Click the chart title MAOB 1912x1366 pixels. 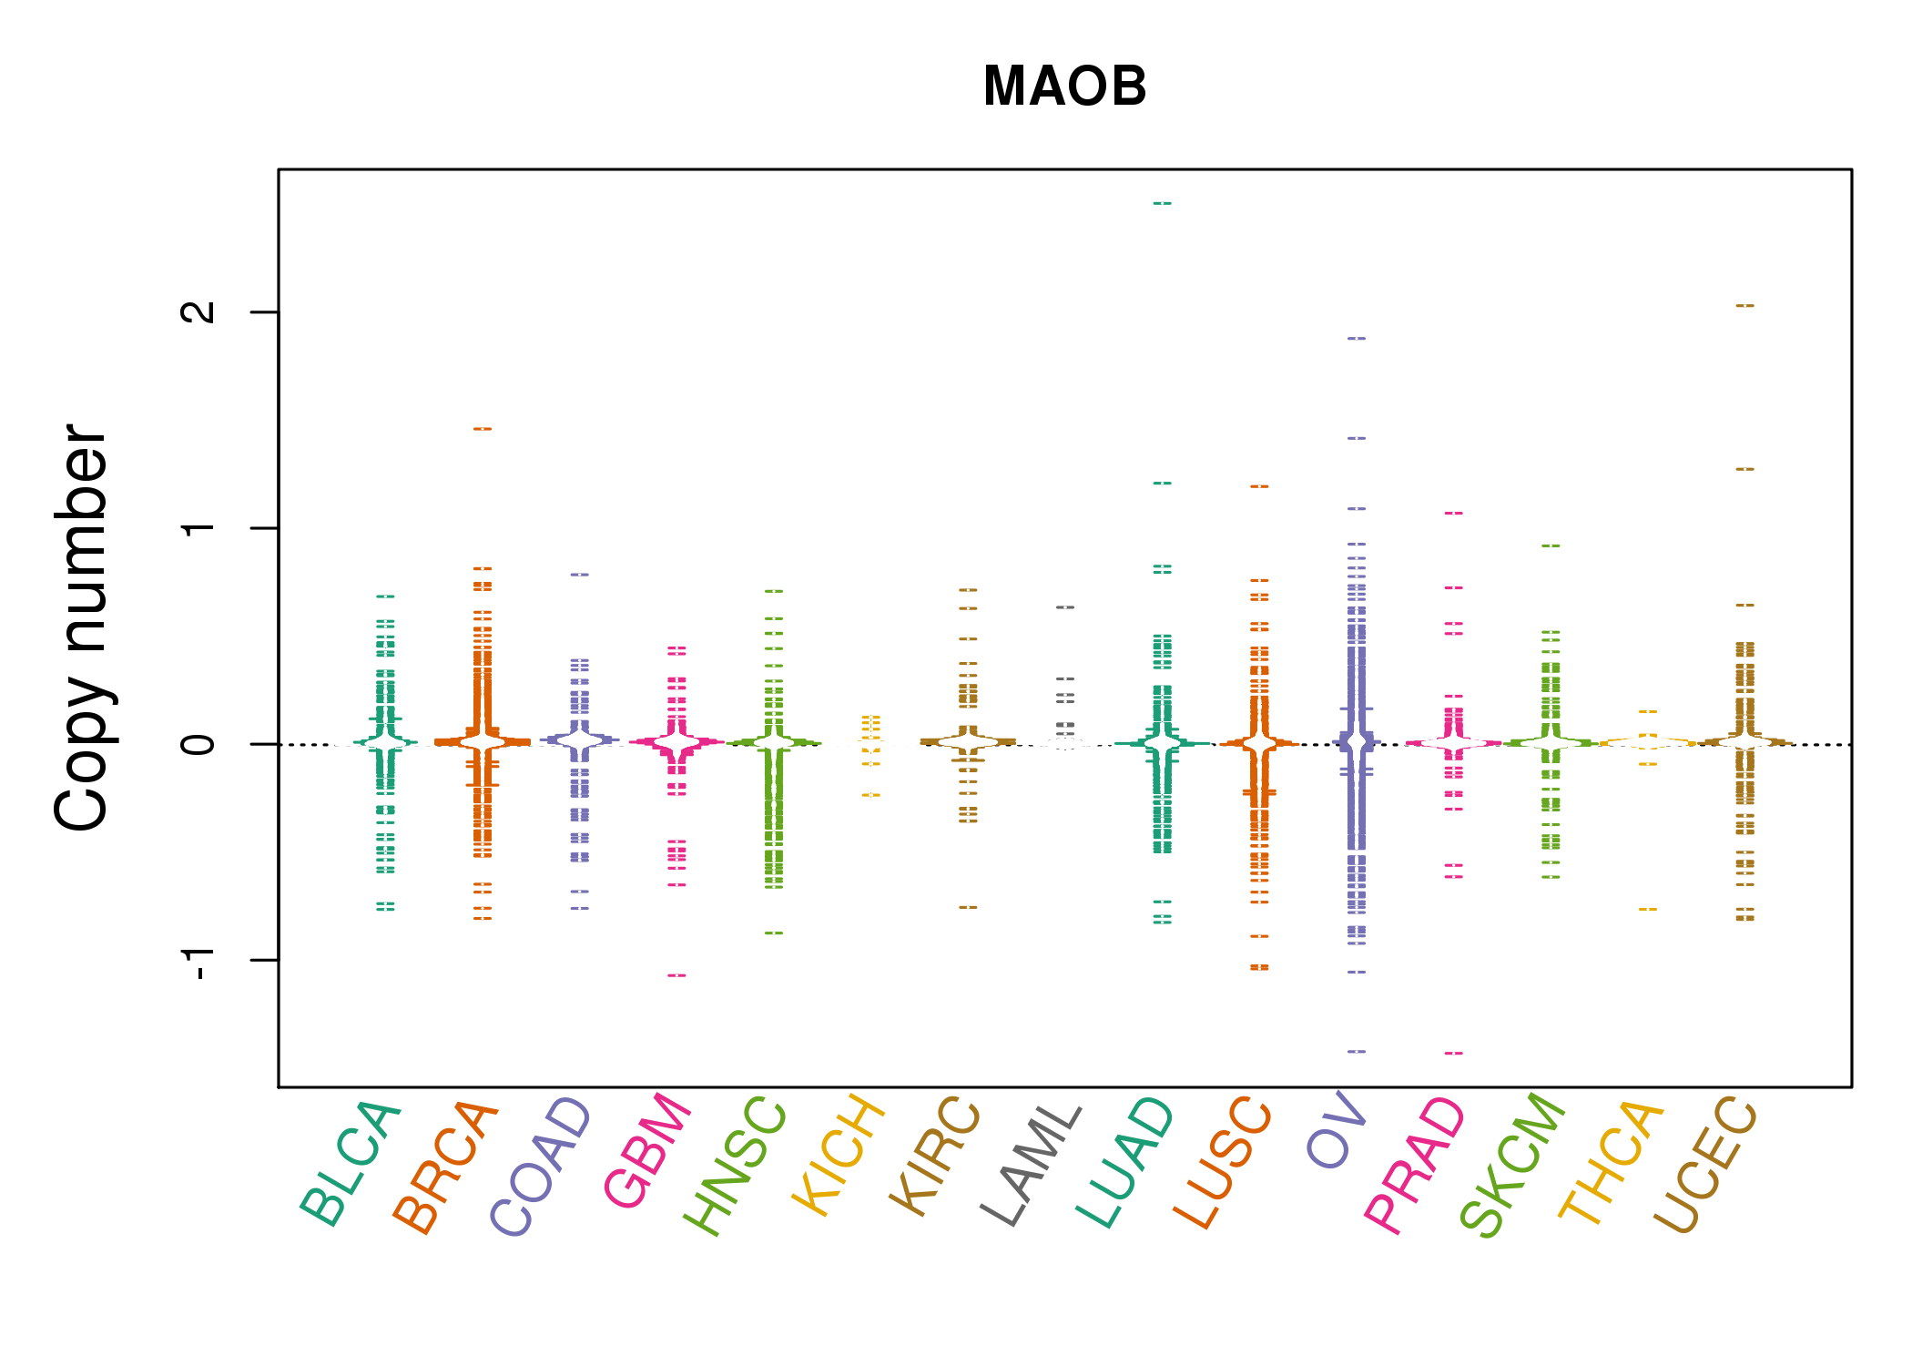[x=1064, y=87]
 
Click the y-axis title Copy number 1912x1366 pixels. [x=82, y=627]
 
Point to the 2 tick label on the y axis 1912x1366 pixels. [x=198, y=311]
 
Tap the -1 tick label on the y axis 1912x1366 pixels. [x=198, y=961]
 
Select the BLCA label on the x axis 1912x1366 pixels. [x=351, y=1164]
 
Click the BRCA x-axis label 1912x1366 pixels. [x=445, y=1167]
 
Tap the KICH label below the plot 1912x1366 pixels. [x=839, y=1157]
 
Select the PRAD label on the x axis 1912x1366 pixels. [x=1415, y=1166]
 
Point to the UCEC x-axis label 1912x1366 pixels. [x=1705, y=1165]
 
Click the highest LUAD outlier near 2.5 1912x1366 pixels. [x=1163, y=203]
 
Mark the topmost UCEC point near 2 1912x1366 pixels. [x=1744, y=306]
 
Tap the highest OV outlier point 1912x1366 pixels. [x=1357, y=339]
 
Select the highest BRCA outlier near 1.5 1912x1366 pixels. [x=483, y=429]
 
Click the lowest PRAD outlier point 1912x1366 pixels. [x=1454, y=1054]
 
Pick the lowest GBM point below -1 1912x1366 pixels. [x=676, y=976]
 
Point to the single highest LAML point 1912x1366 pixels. [x=1065, y=607]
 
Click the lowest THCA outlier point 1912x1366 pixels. [x=1648, y=910]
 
